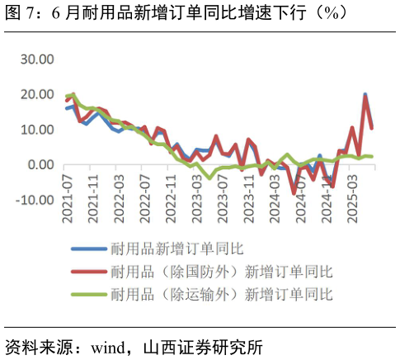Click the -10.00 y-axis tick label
coord(35,200)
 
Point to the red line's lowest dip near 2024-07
coord(294,193)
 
